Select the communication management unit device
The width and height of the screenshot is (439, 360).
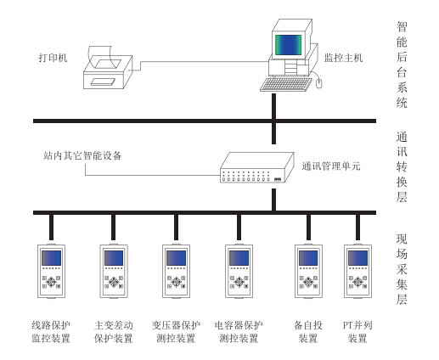point(250,168)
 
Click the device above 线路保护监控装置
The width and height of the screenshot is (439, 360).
point(52,273)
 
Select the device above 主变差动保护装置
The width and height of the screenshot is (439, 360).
point(113,273)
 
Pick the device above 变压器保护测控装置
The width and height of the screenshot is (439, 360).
point(176,273)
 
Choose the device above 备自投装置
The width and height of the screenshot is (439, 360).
point(307,273)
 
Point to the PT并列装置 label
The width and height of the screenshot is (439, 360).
point(357,332)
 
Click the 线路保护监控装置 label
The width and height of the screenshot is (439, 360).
point(52,332)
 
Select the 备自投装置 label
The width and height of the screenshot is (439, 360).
point(307,332)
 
